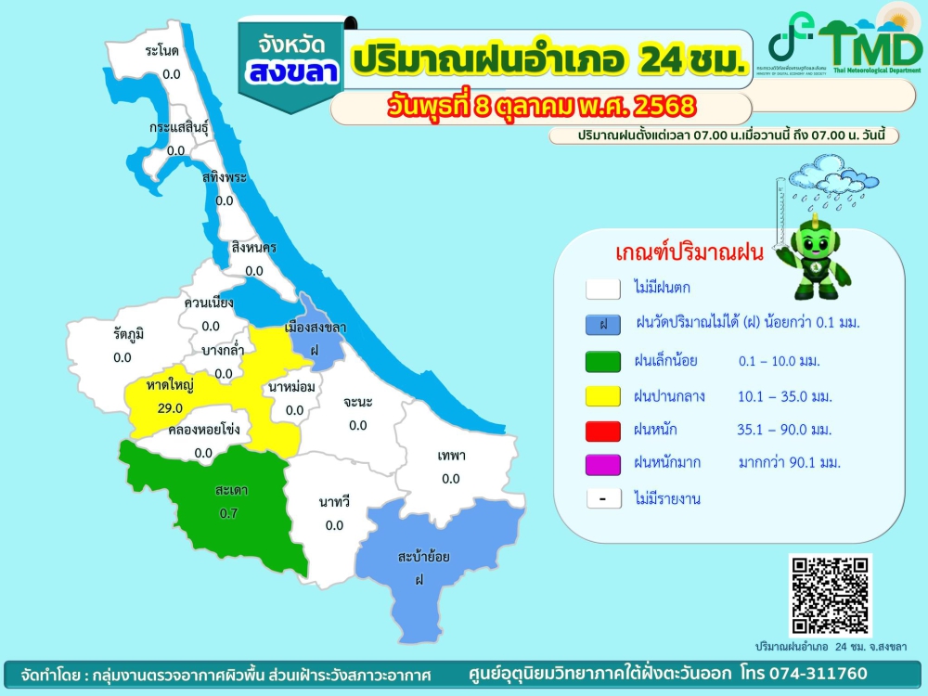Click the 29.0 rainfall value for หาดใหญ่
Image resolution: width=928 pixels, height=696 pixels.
click(x=169, y=407)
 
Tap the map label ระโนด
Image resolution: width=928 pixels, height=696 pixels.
click(x=162, y=51)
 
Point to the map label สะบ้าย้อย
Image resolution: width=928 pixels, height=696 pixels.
click(x=424, y=557)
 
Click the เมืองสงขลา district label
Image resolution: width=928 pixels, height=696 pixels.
click(x=316, y=328)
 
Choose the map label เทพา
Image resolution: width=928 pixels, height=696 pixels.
click(x=451, y=456)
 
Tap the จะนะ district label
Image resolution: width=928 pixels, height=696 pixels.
click(x=357, y=402)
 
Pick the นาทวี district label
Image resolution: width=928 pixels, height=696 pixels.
click(x=334, y=502)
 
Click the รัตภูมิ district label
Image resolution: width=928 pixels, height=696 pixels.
click(x=129, y=333)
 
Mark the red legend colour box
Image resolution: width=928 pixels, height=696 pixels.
click(x=603, y=430)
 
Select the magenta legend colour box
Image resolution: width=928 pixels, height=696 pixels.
click(x=603, y=462)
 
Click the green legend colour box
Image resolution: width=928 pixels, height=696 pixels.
click(x=603, y=360)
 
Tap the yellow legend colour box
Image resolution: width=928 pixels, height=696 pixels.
click(x=603, y=396)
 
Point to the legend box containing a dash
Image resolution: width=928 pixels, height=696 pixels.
click(x=603, y=498)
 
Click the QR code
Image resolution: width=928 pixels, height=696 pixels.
click(x=831, y=595)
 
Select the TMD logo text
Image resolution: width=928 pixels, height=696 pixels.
click(x=870, y=44)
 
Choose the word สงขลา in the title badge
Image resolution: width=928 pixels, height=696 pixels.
click(x=290, y=73)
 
